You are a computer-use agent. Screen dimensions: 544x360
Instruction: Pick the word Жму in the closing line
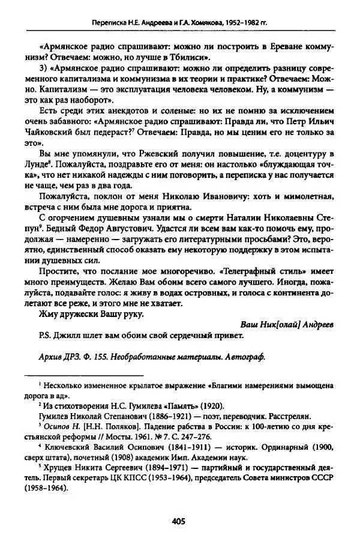click(x=47, y=313)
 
